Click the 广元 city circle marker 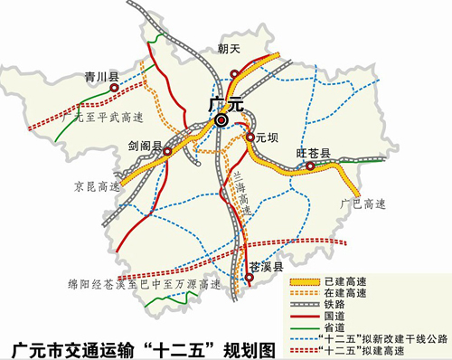(221, 120)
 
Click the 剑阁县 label (144, 144)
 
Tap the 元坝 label (264, 138)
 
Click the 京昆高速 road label (97, 186)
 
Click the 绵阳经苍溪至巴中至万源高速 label (137, 283)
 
